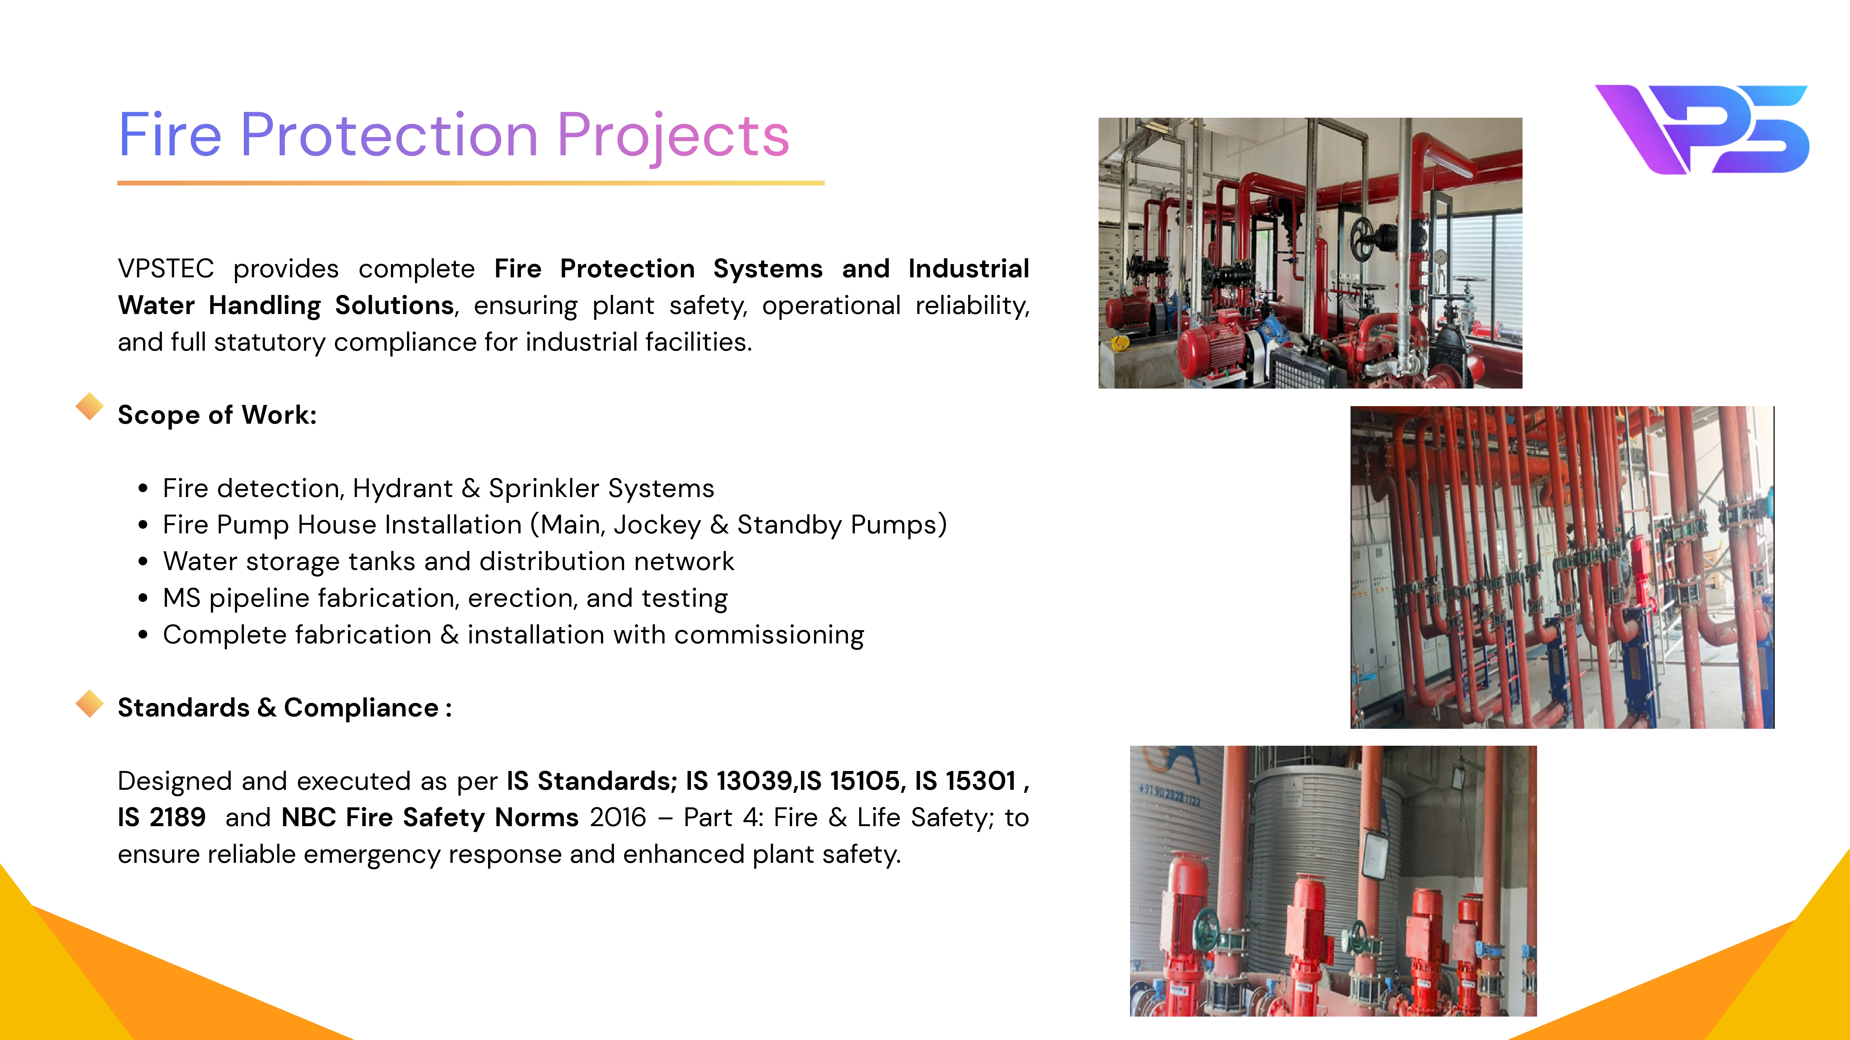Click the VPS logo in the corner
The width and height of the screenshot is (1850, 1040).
[1702, 129]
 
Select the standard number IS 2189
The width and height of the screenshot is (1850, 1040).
[162, 818]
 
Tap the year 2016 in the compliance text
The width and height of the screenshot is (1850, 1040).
[618, 818]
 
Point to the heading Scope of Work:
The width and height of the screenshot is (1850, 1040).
[217, 415]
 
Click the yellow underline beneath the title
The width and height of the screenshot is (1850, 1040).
[471, 183]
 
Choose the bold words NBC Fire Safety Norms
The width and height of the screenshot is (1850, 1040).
[430, 818]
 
